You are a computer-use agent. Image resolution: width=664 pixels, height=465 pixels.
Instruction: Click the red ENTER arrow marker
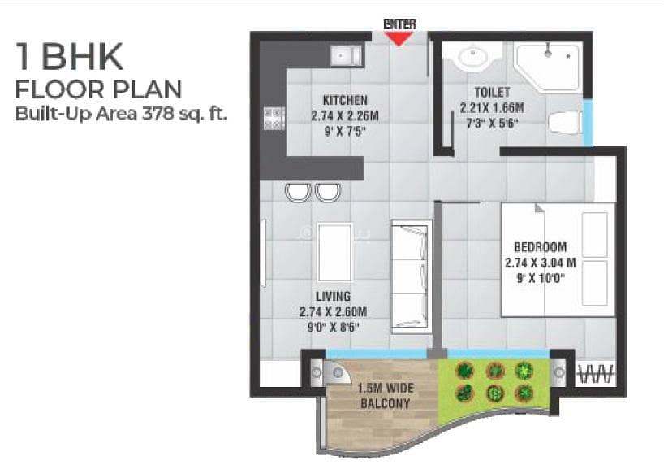[x=399, y=38]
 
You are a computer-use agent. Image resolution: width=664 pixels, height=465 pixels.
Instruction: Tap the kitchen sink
[x=347, y=55]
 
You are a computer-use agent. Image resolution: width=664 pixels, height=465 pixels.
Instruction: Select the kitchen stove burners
[x=274, y=119]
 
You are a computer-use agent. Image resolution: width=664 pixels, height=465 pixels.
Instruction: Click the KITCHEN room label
[x=345, y=100]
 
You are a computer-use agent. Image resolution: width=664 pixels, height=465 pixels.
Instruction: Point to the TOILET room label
[x=492, y=92]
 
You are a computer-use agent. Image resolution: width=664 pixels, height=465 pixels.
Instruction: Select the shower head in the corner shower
[x=548, y=51]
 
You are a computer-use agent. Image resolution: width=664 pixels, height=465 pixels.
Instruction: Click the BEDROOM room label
[x=541, y=247]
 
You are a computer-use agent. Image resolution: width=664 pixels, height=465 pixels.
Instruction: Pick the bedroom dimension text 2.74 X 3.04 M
[x=541, y=263]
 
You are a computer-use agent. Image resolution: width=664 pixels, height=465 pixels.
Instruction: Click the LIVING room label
[x=334, y=296]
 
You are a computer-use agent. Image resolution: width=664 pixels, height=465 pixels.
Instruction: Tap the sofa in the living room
[x=410, y=276]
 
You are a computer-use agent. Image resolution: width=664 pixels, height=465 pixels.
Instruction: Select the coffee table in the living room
[x=334, y=253]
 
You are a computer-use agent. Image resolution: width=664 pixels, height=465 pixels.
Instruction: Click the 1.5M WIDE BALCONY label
[x=385, y=396]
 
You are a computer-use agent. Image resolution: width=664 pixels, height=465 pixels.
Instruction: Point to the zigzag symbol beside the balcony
[x=595, y=374]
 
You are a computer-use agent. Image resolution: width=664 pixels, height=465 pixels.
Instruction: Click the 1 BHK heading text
[x=70, y=56]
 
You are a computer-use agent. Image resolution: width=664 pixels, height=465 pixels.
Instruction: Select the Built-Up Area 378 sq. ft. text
[x=121, y=114]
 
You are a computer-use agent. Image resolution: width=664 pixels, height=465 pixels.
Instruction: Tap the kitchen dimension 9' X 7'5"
[x=345, y=132]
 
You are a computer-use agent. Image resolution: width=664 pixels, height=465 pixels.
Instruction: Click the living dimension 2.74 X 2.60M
[x=334, y=312]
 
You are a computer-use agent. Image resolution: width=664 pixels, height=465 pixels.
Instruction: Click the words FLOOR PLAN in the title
[x=99, y=89]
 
